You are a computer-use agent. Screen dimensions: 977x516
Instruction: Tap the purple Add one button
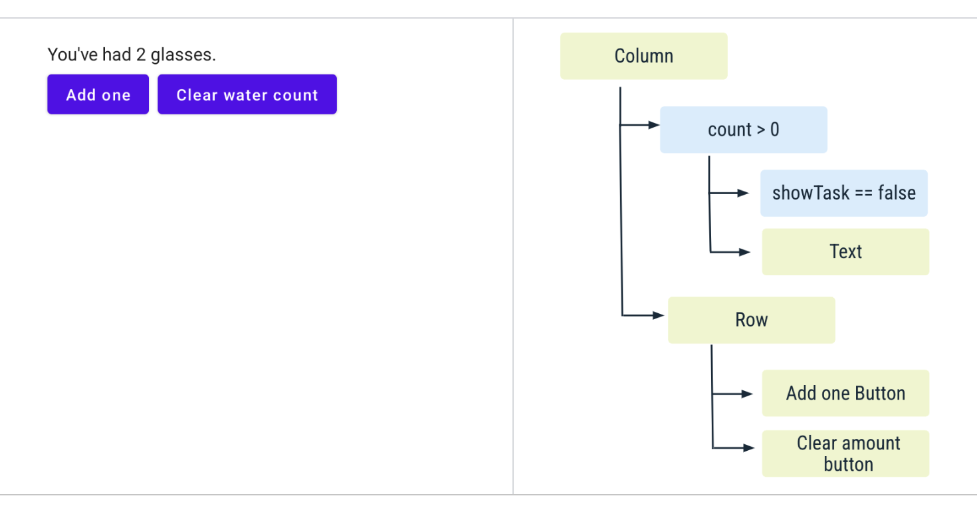[x=98, y=94]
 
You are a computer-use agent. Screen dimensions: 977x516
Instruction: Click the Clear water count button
[x=247, y=94]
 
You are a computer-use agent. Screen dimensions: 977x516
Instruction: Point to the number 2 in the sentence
[x=141, y=55]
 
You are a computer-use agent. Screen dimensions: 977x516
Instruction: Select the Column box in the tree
[x=644, y=56]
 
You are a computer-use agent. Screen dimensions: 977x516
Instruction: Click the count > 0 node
[x=744, y=130]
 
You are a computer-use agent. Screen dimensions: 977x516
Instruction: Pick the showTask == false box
[x=844, y=193]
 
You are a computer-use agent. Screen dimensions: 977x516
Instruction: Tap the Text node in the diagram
[x=845, y=252]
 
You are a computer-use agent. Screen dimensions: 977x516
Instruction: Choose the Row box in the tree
[x=752, y=320]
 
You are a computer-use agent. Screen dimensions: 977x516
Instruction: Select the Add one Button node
[x=845, y=393]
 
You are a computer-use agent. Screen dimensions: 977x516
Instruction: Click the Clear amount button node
[x=845, y=453]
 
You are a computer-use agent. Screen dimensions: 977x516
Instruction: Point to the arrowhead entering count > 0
[x=654, y=125]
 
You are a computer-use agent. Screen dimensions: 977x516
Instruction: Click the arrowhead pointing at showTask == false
[x=743, y=193]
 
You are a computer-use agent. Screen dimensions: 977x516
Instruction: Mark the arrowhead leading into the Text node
[x=744, y=252]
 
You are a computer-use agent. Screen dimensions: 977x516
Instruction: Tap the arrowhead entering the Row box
[x=658, y=315]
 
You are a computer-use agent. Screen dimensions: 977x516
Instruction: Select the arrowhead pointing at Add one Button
[x=747, y=394]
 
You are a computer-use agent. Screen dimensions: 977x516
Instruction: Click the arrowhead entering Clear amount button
[x=749, y=448]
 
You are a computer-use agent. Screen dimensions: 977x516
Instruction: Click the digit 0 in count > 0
[x=775, y=130]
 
